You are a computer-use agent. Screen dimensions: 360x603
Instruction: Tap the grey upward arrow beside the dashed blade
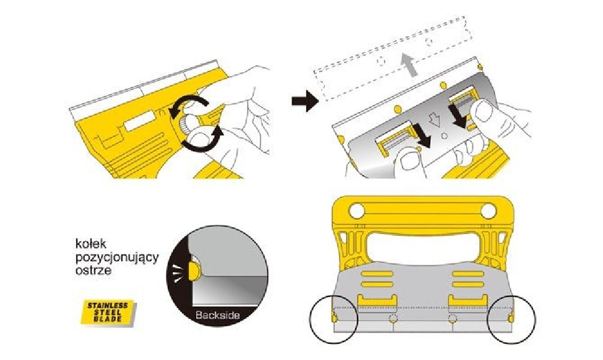click(x=407, y=62)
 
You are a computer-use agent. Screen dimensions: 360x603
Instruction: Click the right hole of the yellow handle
click(x=489, y=211)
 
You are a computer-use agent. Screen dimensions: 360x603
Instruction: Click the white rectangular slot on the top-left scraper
click(x=139, y=124)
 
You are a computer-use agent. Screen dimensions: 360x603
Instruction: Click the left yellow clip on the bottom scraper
click(x=376, y=300)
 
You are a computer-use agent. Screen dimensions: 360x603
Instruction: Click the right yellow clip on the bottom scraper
click(x=467, y=300)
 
